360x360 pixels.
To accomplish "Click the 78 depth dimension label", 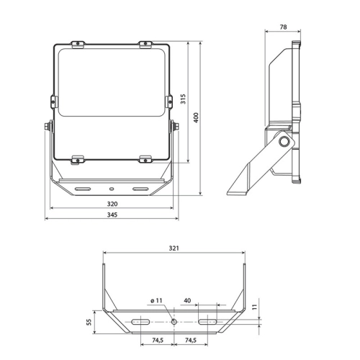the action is pyautogui.click(x=283, y=27).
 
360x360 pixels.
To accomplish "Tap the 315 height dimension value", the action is pyautogui.click(x=183, y=99).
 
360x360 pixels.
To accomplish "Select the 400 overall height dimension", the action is pyautogui.click(x=196, y=117).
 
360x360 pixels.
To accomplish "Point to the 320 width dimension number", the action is pyautogui.click(x=112, y=204).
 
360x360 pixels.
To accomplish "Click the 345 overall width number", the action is pyautogui.click(x=112, y=215).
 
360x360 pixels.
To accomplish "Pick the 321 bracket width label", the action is pyautogui.click(x=174, y=248).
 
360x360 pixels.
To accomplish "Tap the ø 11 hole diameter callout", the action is pyautogui.click(x=156, y=300).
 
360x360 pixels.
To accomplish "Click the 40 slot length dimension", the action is pyautogui.click(x=187, y=300).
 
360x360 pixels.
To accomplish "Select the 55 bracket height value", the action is pyautogui.click(x=89, y=322).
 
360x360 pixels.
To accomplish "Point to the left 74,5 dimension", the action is pyautogui.click(x=158, y=340).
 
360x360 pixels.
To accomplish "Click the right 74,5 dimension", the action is pyautogui.click(x=191, y=340).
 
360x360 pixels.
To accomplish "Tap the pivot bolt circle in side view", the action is pyautogui.click(x=284, y=141).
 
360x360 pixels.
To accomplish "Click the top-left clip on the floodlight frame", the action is pyautogui.click(x=78, y=45).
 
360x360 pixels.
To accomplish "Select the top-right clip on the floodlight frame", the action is pyautogui.click(x=145, y=45).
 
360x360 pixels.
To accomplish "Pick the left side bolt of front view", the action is pyautogui.click(x=48, y=127).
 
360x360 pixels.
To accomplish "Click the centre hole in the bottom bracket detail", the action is pyautogui.click(x=174, y=322).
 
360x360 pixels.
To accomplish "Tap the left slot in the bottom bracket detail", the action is pyautogui.click(x=140, y=322).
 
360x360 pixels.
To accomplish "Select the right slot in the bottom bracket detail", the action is pyautogui.click(x=207, y=322).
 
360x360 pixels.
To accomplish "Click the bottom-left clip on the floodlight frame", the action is pyautogui.click(x=78, y=160).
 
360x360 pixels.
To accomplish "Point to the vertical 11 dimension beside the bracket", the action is pyautogui.click(x=255, y=307).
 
